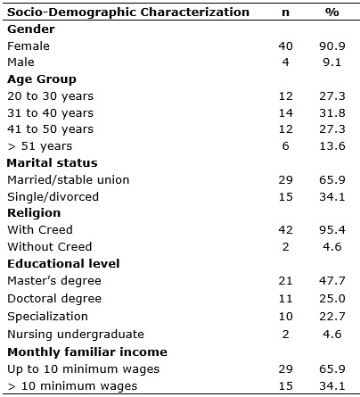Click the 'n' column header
click(x=285, y=12)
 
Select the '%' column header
click(x=332, y=12)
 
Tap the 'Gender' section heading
click(x=31, y=29)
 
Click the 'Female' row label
click(x=29, y=46)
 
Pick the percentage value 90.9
click(x=332, y=46)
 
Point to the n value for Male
click(x=285, y=62)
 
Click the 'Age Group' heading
click(x=42, y=79)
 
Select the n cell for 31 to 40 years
click(x=286, y=113)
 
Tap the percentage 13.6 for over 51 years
click(x=332, y=146)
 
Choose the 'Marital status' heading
click(x=53, y=163)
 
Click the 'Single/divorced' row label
click(x=53, y=197)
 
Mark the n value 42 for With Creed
click(x=286, y=230)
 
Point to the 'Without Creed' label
click(x=50, y=247)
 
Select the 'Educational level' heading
click(x=63, y=264)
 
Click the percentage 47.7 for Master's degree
click(x=332, y=281)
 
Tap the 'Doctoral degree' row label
click(x=54, y=299)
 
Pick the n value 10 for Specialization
click(x=286, y=317)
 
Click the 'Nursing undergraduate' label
click(x=76, y=335)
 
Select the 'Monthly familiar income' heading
click(x=87, y=352)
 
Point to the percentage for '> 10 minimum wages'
click(x=332, y=386)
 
